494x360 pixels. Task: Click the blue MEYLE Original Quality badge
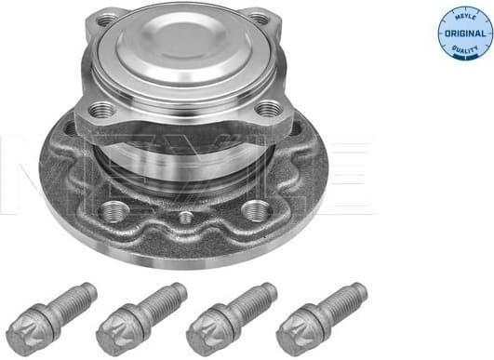tap(464, 32)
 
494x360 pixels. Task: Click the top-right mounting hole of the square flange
tap(260, 20)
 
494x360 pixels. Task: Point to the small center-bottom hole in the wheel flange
tap(185, 218)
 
